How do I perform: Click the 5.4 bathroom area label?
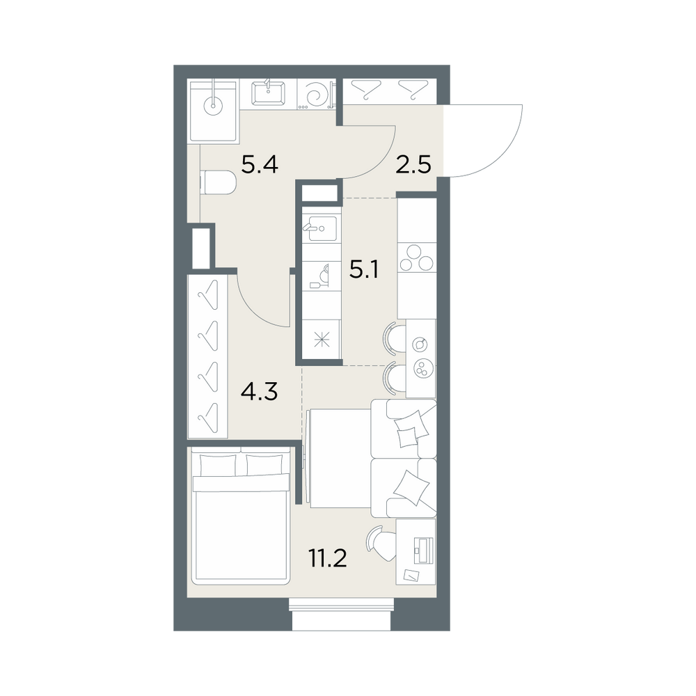point(260,165)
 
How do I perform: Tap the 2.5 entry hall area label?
point(413,165)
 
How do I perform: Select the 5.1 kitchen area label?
point(364,269)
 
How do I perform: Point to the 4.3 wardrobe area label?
point(259,391)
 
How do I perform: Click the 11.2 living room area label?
point(328,558)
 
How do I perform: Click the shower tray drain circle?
point(214,106)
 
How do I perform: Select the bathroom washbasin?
point(268,93)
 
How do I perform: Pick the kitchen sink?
point(319,228)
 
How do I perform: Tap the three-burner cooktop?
point(416,258)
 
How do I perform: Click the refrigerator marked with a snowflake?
point(321,340)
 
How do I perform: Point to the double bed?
point(240,516)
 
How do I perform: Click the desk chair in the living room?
point(381,543)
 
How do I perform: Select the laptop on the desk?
point(422,550)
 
